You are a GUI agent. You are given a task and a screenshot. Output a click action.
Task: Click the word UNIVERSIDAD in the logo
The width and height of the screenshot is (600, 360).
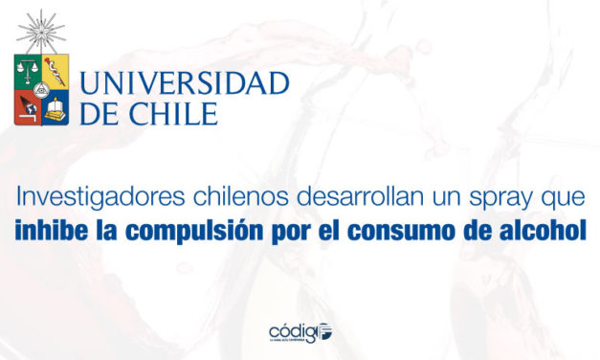click(x=185, y=84)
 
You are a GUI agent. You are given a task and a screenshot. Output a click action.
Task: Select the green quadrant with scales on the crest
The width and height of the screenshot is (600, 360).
click(x=27, y=71)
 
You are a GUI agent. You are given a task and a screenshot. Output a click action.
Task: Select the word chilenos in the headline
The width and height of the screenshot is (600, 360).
click(x=204, y=201)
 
